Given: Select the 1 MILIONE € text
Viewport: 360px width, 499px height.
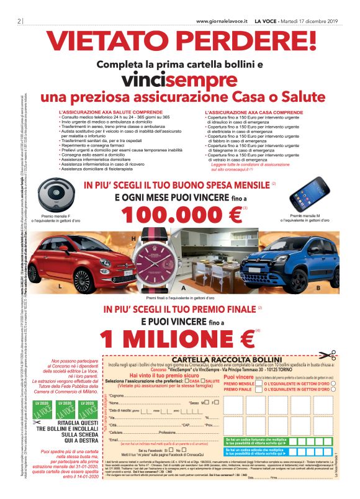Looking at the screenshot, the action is [x=179, y=337].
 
